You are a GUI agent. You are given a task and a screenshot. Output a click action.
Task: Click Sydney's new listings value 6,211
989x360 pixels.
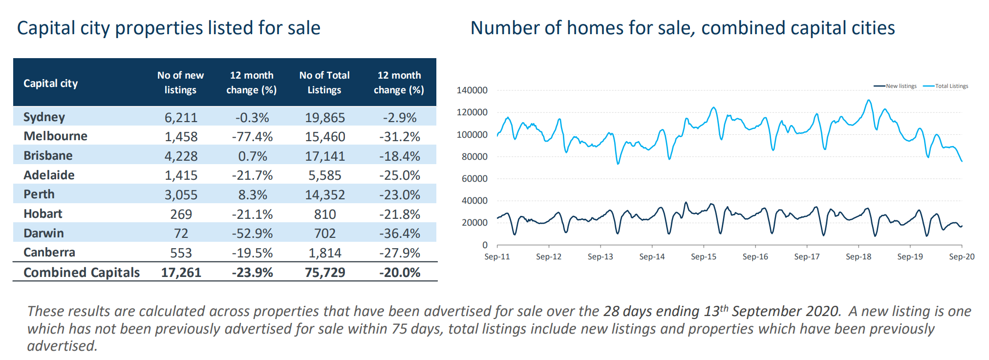tap(181, 118)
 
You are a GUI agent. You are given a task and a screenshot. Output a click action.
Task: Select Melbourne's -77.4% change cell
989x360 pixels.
tap(252, 137)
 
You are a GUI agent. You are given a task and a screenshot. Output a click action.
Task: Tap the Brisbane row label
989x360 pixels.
tap(48, 156)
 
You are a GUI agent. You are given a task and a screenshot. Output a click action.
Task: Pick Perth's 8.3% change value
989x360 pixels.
tap(253, 195)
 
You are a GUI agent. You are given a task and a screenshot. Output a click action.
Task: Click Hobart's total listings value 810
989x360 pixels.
tap(325, 214)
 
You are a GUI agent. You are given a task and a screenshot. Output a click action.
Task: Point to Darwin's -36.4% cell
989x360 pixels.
tap(399, 233)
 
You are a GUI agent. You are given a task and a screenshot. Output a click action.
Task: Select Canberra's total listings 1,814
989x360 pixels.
tap(325, 253)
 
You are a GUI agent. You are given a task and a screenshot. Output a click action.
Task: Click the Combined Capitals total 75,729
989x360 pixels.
tap(325, 273)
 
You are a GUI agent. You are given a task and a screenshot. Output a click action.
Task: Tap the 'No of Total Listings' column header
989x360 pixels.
tap(324, 83)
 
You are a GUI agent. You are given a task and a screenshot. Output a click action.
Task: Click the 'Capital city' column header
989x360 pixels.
tap(51, 84)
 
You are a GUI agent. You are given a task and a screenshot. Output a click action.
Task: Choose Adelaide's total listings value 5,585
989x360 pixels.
tap(325, 175)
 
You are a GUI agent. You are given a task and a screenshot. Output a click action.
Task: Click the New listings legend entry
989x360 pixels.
tap(895, 86)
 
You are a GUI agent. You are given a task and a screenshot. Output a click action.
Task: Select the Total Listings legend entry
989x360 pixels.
tap(946, 86)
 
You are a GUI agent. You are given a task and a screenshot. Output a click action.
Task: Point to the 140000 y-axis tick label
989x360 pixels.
tap(472, 90)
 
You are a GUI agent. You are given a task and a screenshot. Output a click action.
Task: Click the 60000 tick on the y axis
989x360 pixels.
tap(474, 179)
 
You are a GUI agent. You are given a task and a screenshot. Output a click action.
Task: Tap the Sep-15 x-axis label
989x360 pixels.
tap(704, 256)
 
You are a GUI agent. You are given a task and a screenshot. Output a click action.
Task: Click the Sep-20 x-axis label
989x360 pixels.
tap(962, 256)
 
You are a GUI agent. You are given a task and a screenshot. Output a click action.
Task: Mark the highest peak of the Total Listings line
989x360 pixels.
tap(868, 100)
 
